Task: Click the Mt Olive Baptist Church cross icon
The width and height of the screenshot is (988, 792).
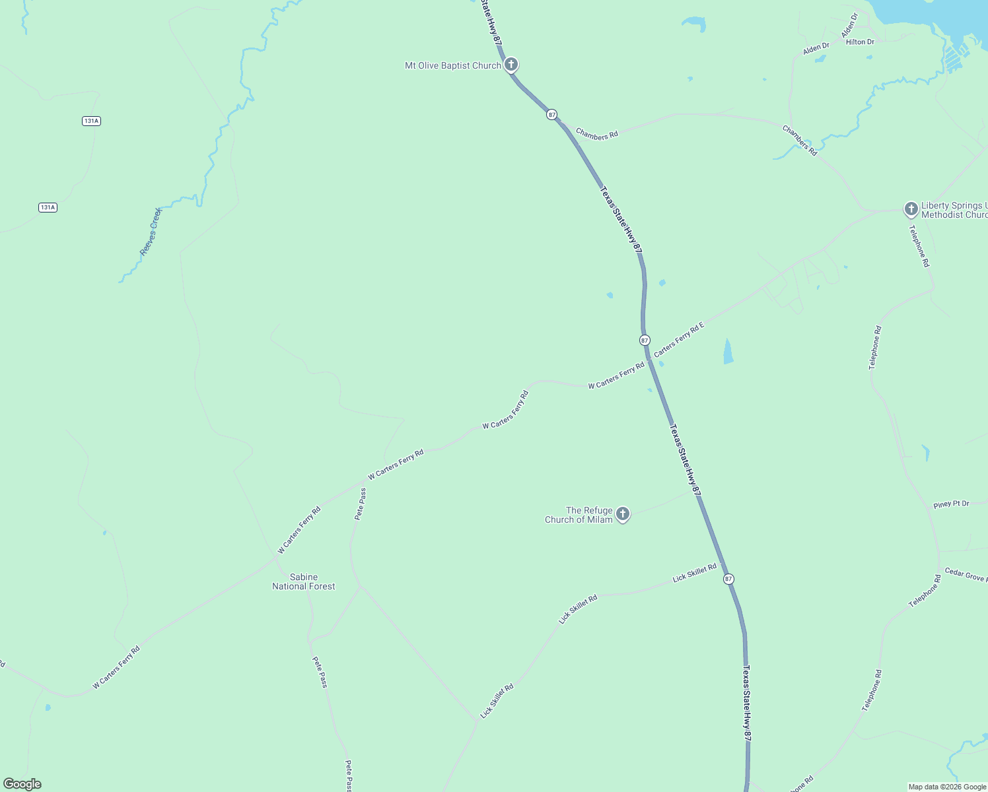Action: (511, 65)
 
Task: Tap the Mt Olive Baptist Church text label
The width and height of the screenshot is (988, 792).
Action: (452, 66)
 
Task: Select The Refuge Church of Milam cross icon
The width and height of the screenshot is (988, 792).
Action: (622, 514)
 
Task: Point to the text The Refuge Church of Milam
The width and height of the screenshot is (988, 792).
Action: (579, 515)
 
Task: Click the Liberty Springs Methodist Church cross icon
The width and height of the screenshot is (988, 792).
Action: (911, 210)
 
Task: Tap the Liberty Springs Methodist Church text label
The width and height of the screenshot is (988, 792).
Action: (954, 210)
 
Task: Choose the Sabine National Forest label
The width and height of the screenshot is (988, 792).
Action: (304, 581)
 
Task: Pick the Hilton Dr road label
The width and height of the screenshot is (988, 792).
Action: (860, 42)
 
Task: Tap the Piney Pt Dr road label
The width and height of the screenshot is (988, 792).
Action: (951, 504)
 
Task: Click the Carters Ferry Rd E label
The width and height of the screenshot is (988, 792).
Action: (679, 339)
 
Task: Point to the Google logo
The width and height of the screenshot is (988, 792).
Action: (22, 784)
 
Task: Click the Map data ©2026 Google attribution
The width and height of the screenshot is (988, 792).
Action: (947, 787)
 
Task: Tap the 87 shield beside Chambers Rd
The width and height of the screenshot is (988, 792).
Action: (551, 115)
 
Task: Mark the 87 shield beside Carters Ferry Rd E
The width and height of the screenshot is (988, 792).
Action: (645, 340)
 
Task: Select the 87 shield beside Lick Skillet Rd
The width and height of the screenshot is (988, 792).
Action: (728, 579)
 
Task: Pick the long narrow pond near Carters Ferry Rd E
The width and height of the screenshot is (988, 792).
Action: (728, 351)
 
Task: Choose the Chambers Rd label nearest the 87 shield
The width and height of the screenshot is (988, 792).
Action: (596, 134)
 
